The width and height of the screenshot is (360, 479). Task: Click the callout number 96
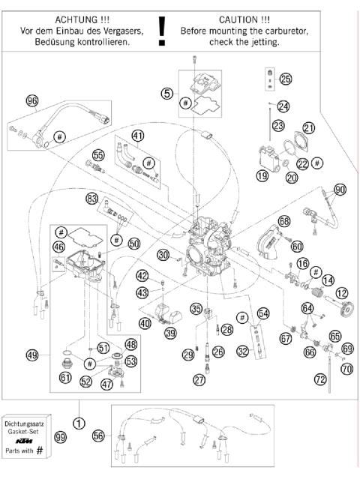click(x=31, y=100)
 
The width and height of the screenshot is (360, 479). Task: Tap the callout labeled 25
click(x=285, y=79)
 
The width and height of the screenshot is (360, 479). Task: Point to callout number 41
click(x=137, y=135)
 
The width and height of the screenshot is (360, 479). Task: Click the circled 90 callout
click(x=340, y=190)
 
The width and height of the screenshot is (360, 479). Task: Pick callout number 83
click(x=91, y=199)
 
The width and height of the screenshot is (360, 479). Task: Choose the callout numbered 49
click(x=31, y=355)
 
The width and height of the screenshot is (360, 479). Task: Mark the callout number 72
click(x=320, y=381)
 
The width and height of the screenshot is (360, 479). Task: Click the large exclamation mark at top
click(x=160, y=30)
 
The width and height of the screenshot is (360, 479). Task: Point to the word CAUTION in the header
click(x=238, y=18)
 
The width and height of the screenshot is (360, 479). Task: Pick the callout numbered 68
click(x=283, y=221)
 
